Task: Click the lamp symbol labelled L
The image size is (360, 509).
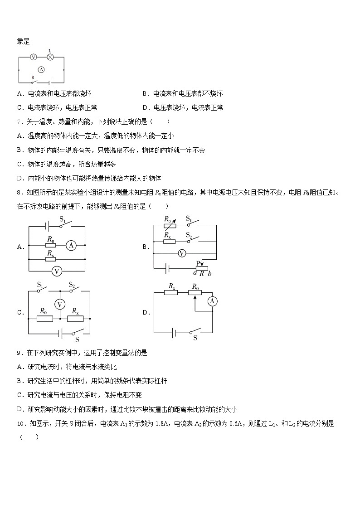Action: (x=50, y=57)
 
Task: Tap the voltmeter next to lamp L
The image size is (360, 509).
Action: (x=33, y=57)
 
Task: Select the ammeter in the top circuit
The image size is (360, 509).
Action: (x=41, y=70)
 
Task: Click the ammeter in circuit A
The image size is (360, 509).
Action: (x=70, y=245)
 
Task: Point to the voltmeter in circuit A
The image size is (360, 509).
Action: (x=57, y=271)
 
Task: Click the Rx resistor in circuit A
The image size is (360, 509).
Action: (x=50, y=259)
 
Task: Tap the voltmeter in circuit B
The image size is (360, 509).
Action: (x=182, y=253)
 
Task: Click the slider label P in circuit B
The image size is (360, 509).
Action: (x=198, y=262)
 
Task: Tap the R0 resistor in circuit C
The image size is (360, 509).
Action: (x=44, y=319)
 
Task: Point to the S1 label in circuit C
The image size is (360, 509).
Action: (x=40, y=285)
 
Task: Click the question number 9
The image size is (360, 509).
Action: (x=19, y=353)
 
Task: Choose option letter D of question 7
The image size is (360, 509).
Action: (x=20, y=178)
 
